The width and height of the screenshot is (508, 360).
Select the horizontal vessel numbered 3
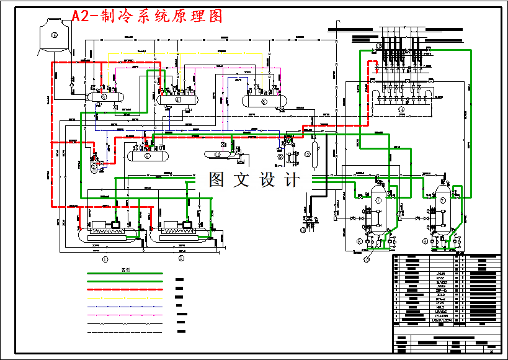point(104,96)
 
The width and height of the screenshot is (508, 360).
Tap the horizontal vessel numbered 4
point(177,99)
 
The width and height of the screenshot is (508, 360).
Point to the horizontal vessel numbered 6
point(147,155)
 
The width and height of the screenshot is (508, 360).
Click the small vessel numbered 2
point(94,166)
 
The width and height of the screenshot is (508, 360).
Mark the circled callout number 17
point(367,260)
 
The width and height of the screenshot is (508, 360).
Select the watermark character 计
point(290,180)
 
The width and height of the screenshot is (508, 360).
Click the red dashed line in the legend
point(124,290)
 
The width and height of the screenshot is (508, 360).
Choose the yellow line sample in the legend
point(124,298)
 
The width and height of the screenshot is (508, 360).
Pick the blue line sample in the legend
point(124,307)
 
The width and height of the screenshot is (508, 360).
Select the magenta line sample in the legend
point(124,315)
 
